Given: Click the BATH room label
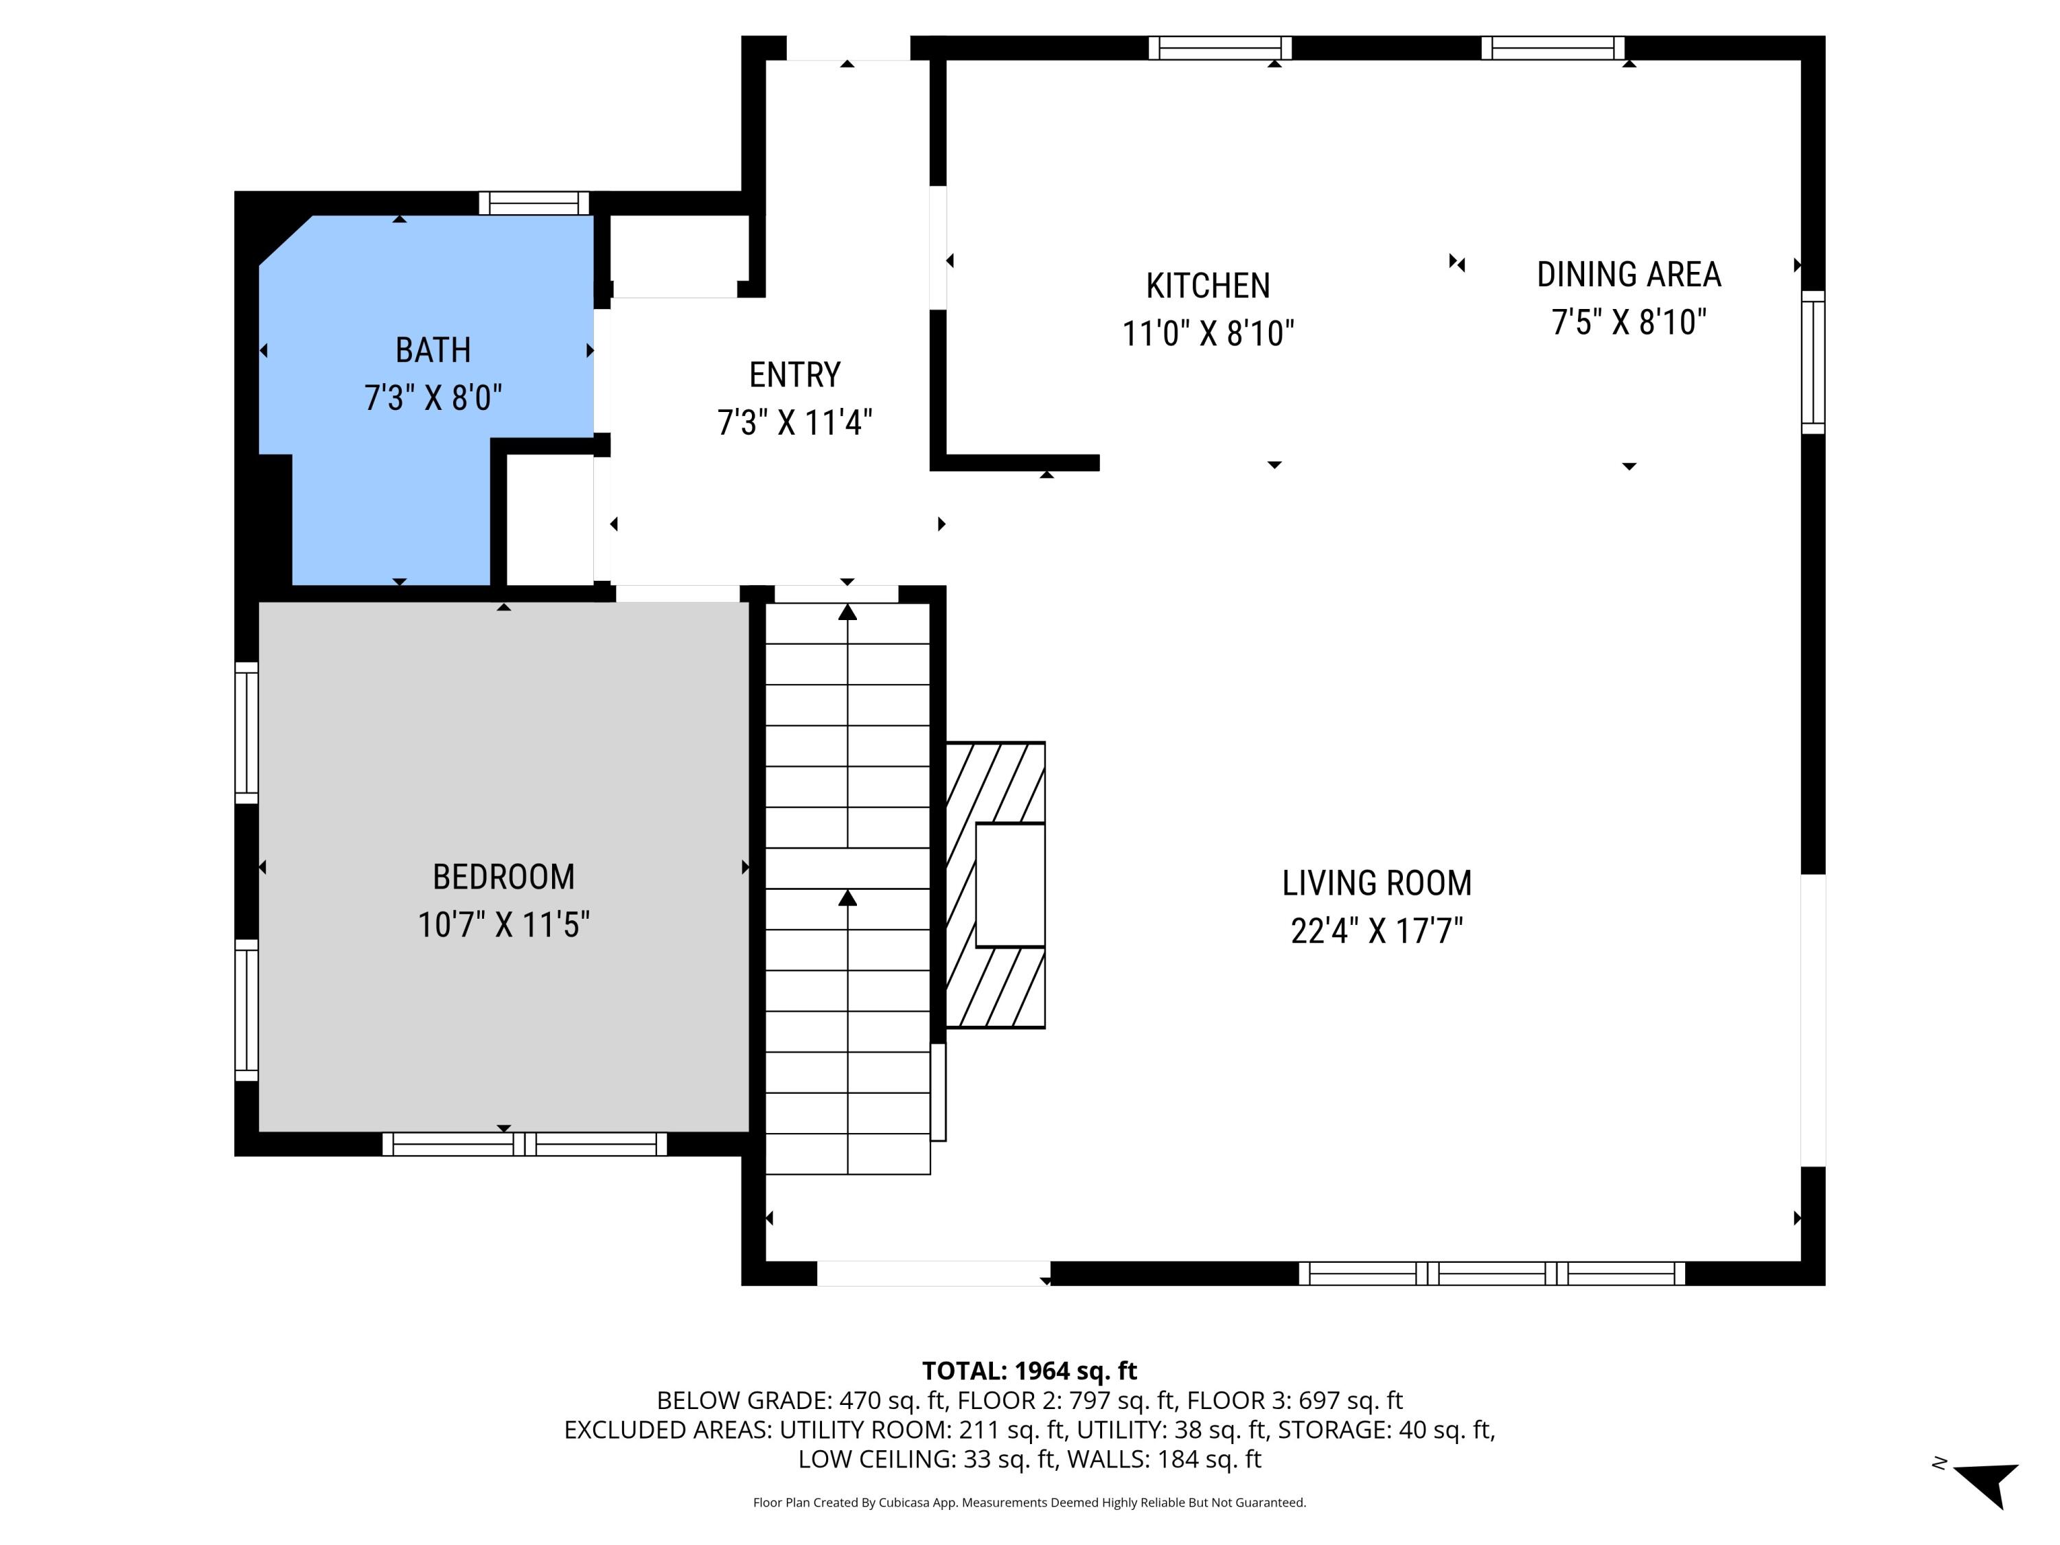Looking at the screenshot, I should coord(433,350).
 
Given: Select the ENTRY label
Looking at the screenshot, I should coord(794,374).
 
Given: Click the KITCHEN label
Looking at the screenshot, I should coord(1208,286).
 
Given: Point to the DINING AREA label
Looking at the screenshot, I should coord(1629,275).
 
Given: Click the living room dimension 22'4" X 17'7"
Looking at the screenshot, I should coord(1377,930).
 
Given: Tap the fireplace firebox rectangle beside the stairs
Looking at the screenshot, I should coord(1009,884).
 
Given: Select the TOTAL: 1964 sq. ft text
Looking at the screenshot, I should coord(1029,1371).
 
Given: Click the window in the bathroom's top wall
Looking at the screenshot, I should coord(534,203).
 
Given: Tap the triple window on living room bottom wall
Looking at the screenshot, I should coord(1492,1273).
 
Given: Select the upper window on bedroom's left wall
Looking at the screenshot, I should coord(246,732).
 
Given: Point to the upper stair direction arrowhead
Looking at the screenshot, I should coord(847,612).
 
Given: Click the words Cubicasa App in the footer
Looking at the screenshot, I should coord(917,1502).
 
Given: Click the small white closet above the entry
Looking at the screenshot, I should coord(679,255).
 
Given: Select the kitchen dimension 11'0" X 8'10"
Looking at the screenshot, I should coord(1208,334).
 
